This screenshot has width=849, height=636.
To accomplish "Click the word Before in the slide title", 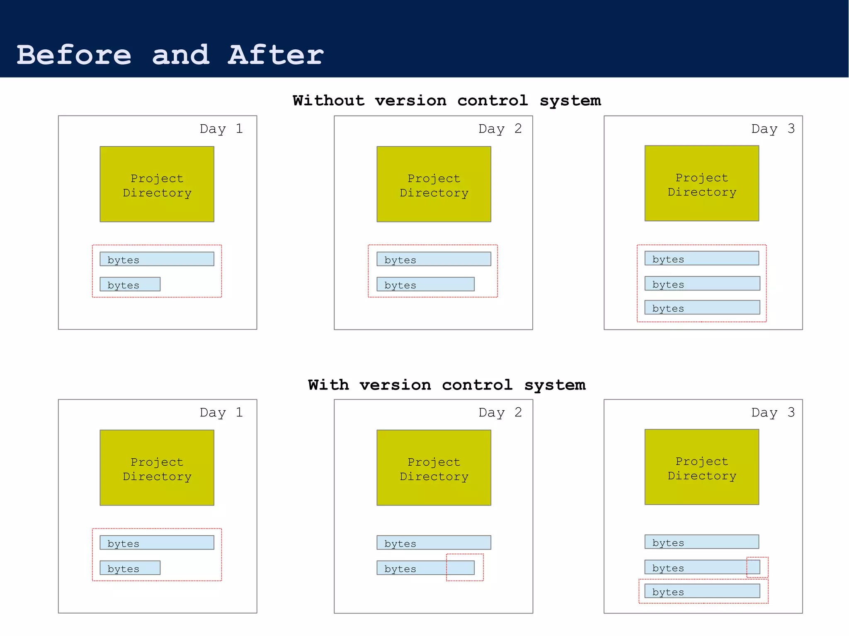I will pos(74,55).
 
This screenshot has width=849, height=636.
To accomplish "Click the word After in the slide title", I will pos(275,55).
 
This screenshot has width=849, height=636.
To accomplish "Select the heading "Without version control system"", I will pos(446,101).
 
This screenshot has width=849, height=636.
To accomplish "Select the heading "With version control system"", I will pos(446,385).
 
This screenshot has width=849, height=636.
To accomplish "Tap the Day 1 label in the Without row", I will pos(221,129).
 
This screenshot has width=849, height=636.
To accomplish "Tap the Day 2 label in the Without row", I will pos(500,129).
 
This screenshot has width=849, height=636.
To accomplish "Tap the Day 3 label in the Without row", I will pos(773,129).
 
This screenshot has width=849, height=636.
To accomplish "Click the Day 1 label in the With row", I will pos(221,413).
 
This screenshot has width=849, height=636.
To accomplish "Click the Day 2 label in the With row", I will pos(500,413).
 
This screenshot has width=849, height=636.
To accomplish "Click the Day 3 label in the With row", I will pos(773,413).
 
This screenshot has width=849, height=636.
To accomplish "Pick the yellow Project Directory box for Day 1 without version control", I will pos(157,184).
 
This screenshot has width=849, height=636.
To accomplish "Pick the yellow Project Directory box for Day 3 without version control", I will pos(701,183).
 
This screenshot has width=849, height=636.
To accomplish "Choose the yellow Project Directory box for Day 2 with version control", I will pos(434,467).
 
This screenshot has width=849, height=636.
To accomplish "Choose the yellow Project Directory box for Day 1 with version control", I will pos(157,467).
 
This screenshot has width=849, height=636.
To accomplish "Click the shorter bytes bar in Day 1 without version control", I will pos(130,284).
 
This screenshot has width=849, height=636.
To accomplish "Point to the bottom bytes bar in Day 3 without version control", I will pos(702,307).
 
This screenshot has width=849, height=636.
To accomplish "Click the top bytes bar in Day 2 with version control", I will pos(434,542).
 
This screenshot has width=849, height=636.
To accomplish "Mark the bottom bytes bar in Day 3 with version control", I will pos(702,591).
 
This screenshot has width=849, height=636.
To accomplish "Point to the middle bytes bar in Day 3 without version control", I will pos(702,283).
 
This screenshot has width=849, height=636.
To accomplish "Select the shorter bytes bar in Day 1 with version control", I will pos(130,568).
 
